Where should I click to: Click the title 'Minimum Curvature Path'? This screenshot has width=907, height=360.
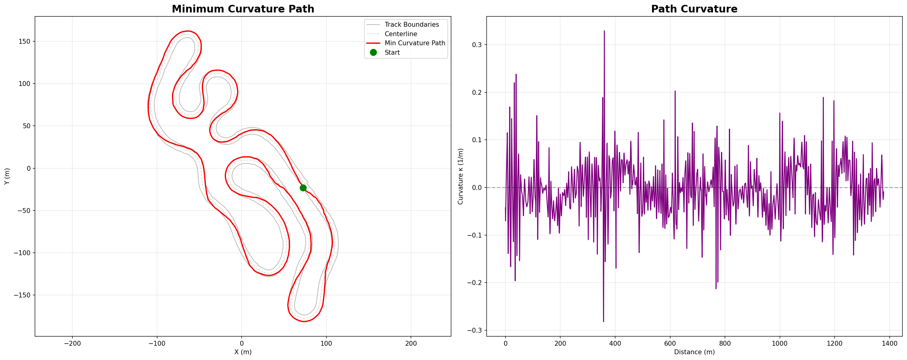pos(243,9)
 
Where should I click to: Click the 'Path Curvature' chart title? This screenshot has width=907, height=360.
pos(694,9)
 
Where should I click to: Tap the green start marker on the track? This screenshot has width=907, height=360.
pos(303,188)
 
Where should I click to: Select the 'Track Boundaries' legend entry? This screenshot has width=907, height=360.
pos(411,25)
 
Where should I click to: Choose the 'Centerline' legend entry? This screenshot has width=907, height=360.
pos(401,34)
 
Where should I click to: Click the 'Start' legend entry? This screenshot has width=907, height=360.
pos(392,53)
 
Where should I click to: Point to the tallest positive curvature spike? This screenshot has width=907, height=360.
pos(604,31)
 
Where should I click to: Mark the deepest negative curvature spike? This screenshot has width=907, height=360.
pos(603,321)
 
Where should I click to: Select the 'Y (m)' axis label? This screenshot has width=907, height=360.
pos(7,176)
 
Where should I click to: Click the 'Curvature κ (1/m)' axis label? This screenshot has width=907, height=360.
pos(460,176)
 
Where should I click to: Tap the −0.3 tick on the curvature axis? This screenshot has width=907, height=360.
pos(475,331)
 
